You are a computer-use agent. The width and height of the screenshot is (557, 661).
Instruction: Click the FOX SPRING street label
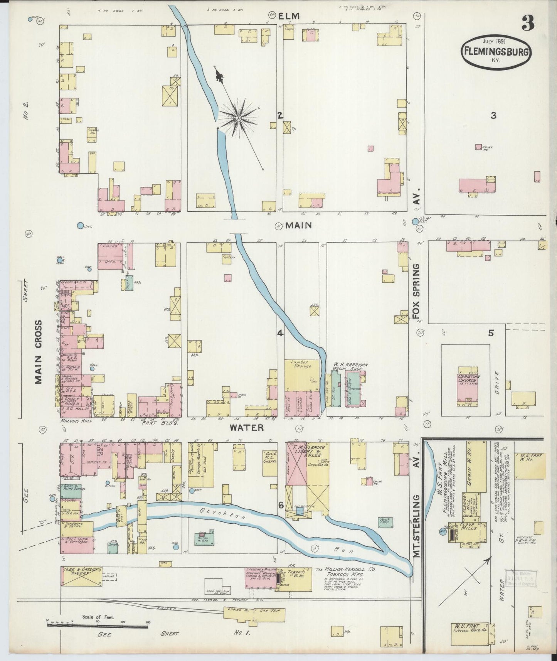416,291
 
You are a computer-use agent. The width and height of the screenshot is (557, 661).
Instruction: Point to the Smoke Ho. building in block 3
478,147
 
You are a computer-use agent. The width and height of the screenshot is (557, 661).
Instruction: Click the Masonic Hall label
76,421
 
